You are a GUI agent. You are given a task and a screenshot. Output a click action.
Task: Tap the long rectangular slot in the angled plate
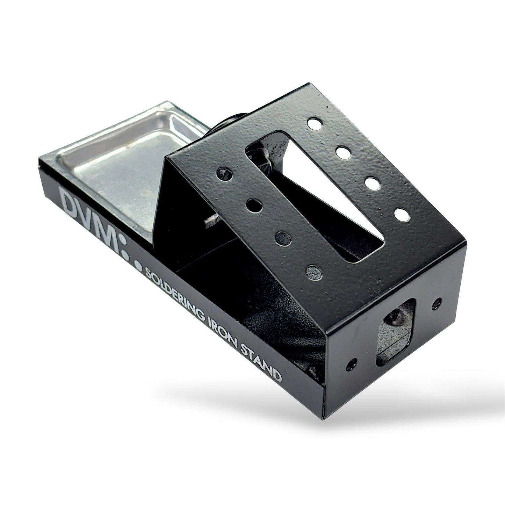coord(315,196)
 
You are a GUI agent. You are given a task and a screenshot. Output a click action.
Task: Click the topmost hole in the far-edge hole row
coord(315,124)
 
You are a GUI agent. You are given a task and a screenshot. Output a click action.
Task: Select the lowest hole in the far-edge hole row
coord(402,214)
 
